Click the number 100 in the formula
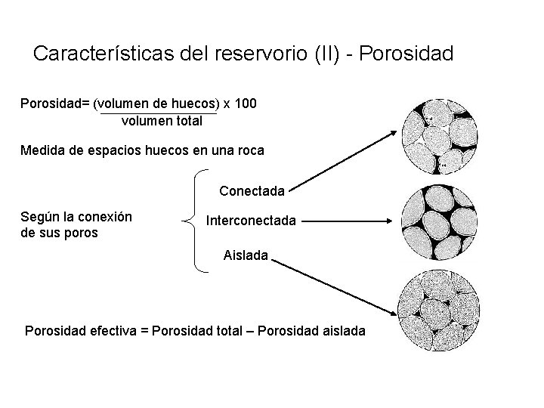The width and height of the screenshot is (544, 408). point(246,103)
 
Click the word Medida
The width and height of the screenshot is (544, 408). point(43,150)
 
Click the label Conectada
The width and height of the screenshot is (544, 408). point(252,191)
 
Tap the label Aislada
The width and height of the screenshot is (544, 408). point(246,255)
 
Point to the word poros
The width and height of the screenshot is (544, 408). point(80,233)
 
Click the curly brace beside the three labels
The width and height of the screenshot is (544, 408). point(194,221)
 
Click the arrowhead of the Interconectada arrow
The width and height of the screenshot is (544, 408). point(390,221)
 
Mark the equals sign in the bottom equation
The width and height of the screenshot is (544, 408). point(145,331)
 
